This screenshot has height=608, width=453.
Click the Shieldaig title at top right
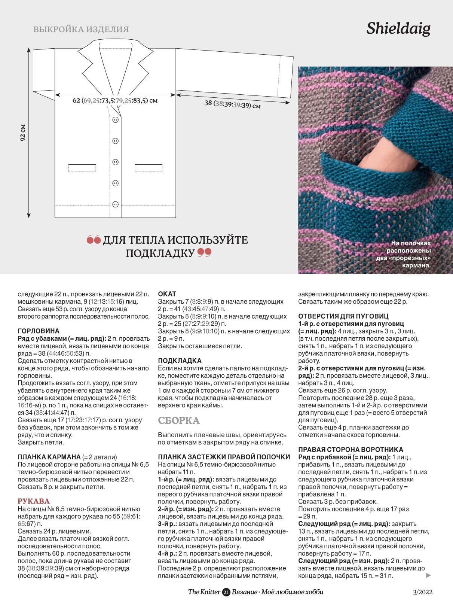click(398, 28)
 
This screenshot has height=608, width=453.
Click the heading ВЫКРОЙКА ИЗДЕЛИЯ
click(81, 29)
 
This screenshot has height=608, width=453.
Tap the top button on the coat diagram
click(115, 120)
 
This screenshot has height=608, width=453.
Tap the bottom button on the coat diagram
click(115, 204)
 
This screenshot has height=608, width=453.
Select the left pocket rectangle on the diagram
click(82, 168)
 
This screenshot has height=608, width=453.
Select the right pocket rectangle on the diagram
click(148, 168)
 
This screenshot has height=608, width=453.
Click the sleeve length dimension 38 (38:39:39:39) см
click(232, 104)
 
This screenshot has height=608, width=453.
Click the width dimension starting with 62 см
click(115, 100)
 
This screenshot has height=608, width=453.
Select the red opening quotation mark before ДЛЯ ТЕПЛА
click(94, 240)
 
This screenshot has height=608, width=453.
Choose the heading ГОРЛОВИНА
click(39, 331)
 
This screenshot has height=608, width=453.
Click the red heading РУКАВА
click(34, 501)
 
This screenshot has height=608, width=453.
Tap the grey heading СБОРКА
click(179, 420)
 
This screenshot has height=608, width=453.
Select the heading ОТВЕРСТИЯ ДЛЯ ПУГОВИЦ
click(343, 316)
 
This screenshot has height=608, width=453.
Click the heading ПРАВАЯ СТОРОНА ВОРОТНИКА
click(351, 449)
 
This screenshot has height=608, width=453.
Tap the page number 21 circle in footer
click(226, 592)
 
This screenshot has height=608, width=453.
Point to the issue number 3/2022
click(423, 592)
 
